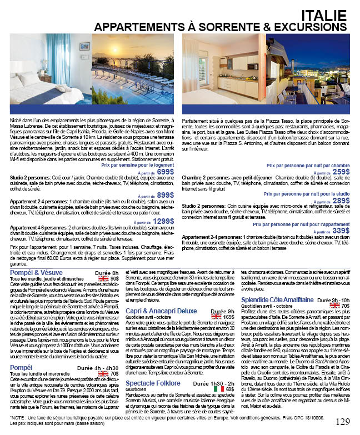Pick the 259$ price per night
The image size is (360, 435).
tap(341, 172)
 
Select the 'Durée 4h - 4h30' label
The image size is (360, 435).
tap(97, 368)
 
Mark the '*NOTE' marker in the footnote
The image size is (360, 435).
tap(17, 418)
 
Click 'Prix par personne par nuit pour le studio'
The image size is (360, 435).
tap(306, 194)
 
